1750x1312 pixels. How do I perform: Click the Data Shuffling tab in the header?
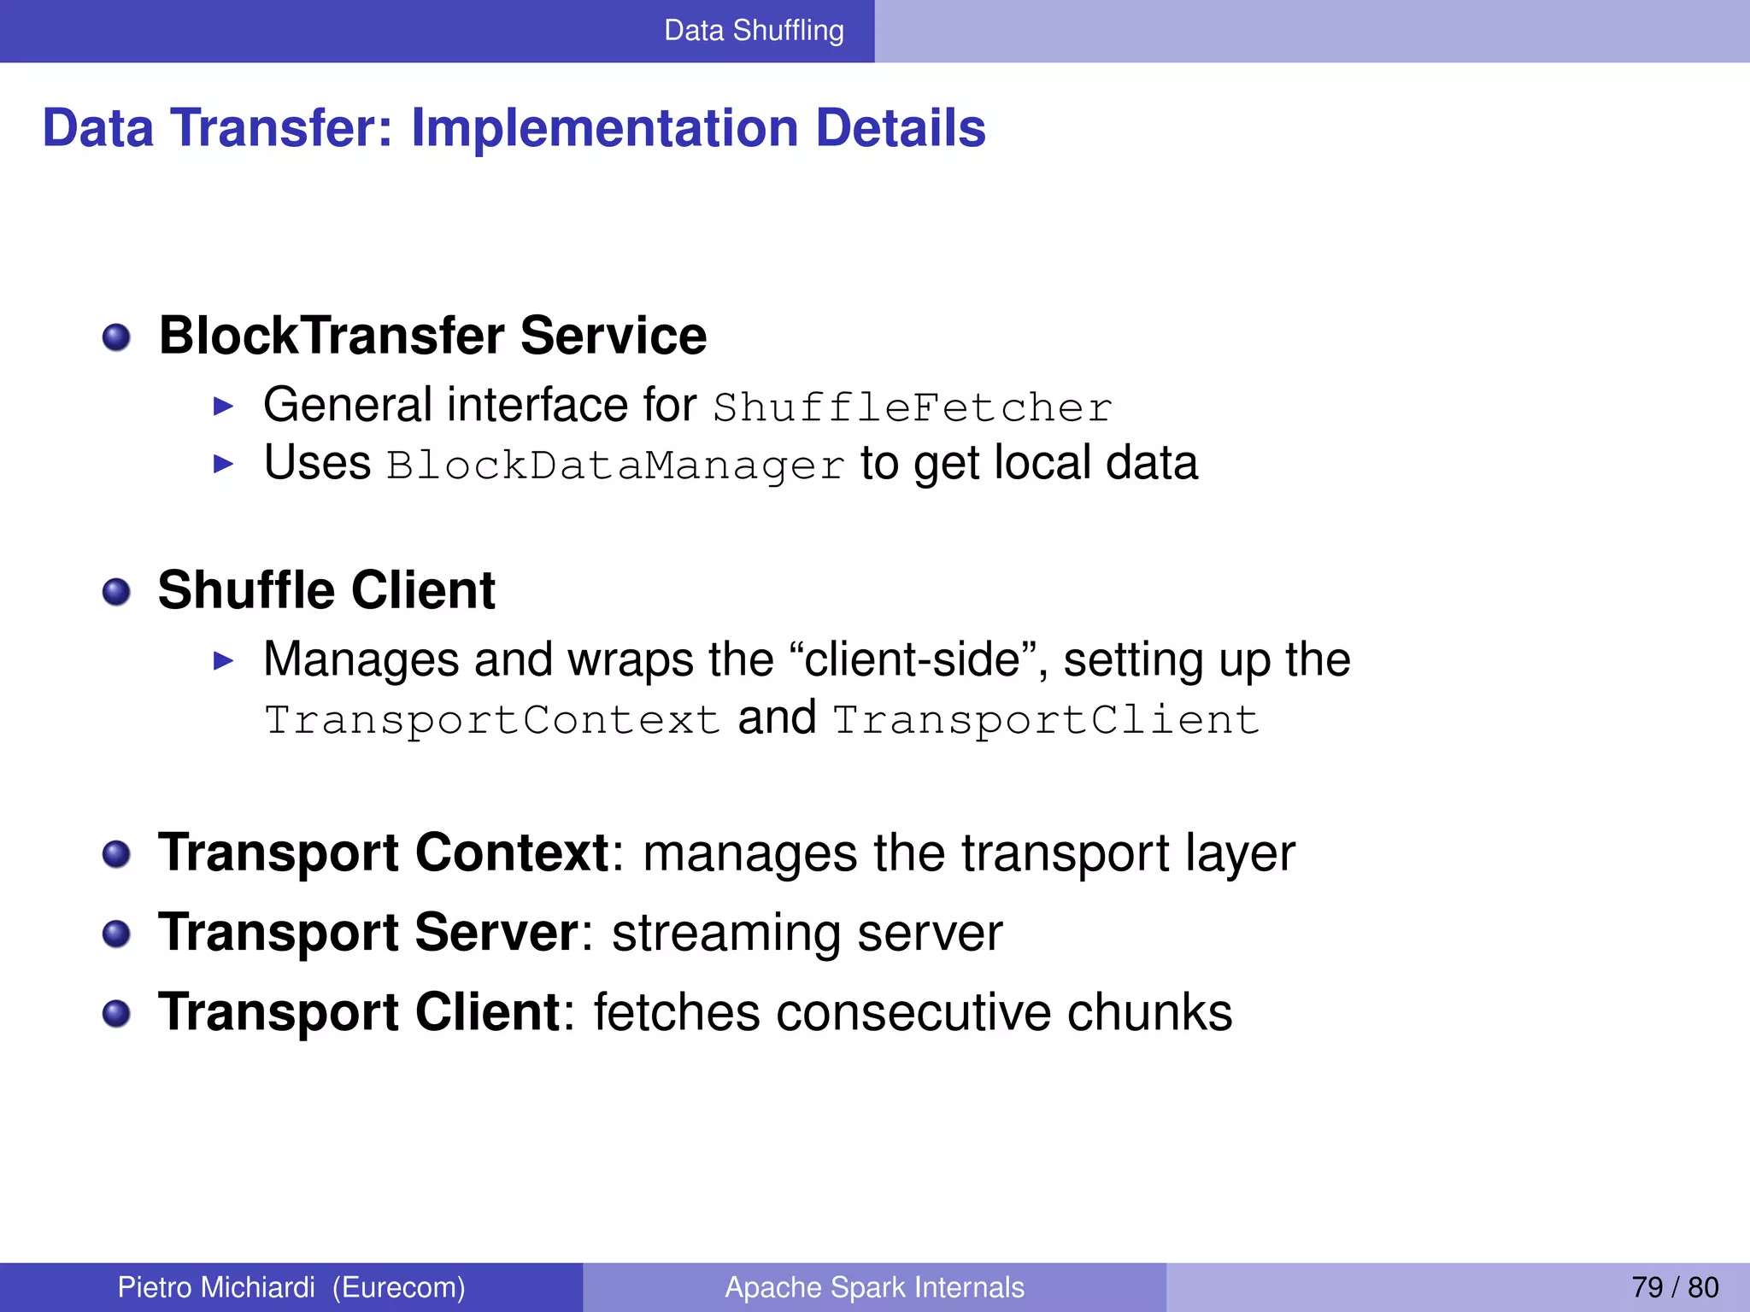point(754,31)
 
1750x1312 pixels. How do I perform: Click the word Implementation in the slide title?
point(605,128)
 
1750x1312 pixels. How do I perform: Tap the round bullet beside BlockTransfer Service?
point(116,337)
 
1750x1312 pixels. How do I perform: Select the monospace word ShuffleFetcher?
point(912,407)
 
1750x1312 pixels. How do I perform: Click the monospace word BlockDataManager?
point(615,466)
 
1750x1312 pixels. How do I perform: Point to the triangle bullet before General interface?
point(223,407)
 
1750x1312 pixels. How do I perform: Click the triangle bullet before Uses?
point(223,465)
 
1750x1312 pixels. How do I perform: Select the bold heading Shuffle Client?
point(326,590)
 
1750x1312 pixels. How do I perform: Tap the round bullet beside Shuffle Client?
point(116,592)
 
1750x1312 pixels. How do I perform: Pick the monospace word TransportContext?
point(492,720)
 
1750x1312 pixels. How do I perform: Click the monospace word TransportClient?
point(1045,720)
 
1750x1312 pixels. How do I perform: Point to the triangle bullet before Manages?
point(223,660)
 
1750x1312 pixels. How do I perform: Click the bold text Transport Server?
point(369,932)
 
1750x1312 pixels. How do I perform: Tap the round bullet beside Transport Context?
point(116,854)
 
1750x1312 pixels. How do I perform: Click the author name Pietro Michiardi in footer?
point(216,1287)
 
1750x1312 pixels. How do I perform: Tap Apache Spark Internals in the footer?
point(874,1287)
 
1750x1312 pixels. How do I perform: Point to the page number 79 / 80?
point(1674,1287)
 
